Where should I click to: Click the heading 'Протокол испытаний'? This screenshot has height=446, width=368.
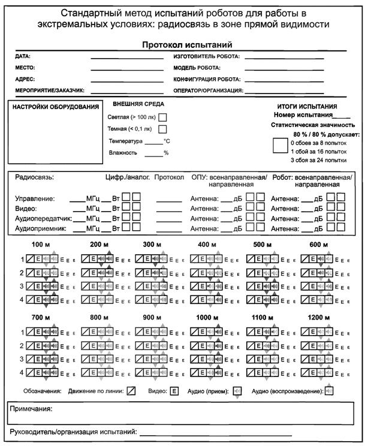187,45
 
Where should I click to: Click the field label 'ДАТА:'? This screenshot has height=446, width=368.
23,56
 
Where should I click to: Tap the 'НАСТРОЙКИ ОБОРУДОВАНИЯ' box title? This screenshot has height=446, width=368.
56,107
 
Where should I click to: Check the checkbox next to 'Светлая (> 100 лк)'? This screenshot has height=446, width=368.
162,118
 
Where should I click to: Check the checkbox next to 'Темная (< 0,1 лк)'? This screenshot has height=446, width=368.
162,129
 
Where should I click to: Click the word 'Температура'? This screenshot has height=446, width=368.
126,141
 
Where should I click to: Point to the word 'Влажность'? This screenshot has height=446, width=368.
123,153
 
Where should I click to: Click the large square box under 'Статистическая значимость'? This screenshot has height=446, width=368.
280,146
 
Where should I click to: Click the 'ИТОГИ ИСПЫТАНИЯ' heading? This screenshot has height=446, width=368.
307,106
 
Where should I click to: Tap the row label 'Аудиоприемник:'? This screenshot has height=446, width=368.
40,228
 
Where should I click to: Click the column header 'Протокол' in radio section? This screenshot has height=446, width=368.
168,178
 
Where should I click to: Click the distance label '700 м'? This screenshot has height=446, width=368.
41,318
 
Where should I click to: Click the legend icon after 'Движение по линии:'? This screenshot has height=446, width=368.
131,391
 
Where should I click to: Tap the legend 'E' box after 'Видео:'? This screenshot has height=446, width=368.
174,391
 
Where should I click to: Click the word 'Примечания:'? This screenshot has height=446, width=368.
31,410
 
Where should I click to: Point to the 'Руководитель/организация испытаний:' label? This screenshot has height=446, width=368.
74,432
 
